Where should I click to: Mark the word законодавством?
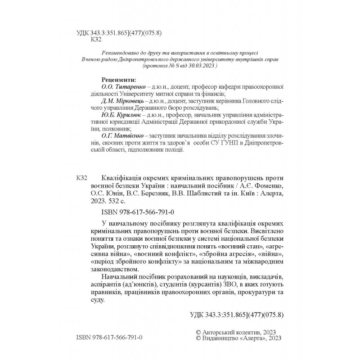(x=113, y=267)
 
